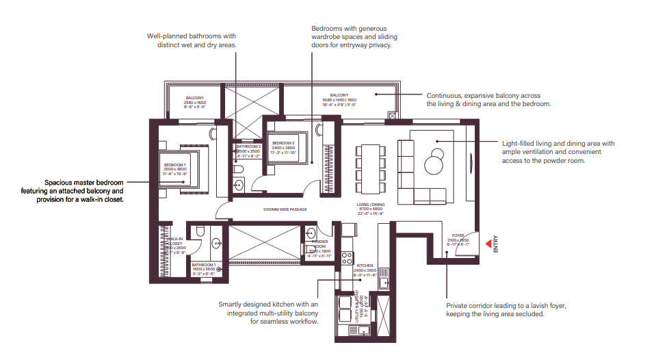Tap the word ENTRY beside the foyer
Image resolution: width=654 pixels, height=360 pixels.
pos(496,245)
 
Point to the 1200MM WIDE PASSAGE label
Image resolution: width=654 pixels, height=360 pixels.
pos(285,209)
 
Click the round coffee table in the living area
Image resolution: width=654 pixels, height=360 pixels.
pos(433,164)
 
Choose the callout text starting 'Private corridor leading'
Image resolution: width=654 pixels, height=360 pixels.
pos(506,310)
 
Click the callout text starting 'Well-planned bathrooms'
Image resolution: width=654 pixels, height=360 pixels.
pos(192,40)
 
